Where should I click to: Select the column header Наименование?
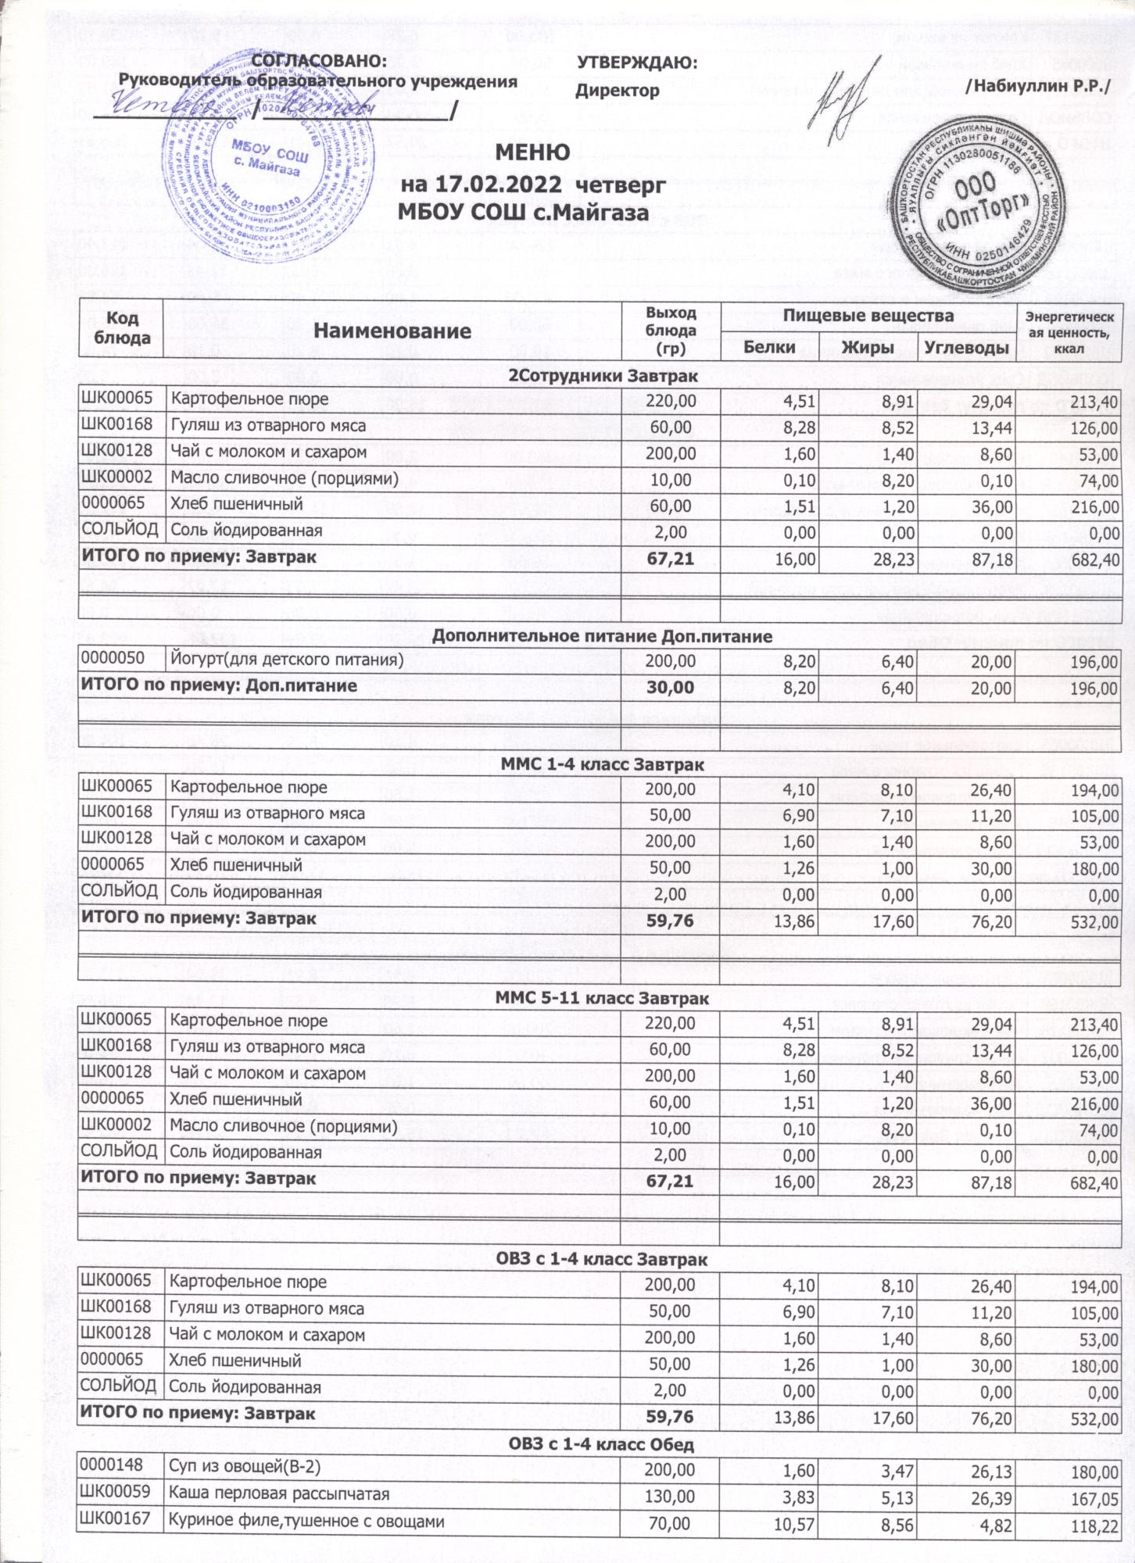point(392,330)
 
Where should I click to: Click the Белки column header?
point(769,347)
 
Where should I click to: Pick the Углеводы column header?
point(966,347)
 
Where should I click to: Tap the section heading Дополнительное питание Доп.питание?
point(602,636)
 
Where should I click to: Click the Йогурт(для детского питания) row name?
point(288,660)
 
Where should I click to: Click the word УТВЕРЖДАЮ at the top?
point(636,63)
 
